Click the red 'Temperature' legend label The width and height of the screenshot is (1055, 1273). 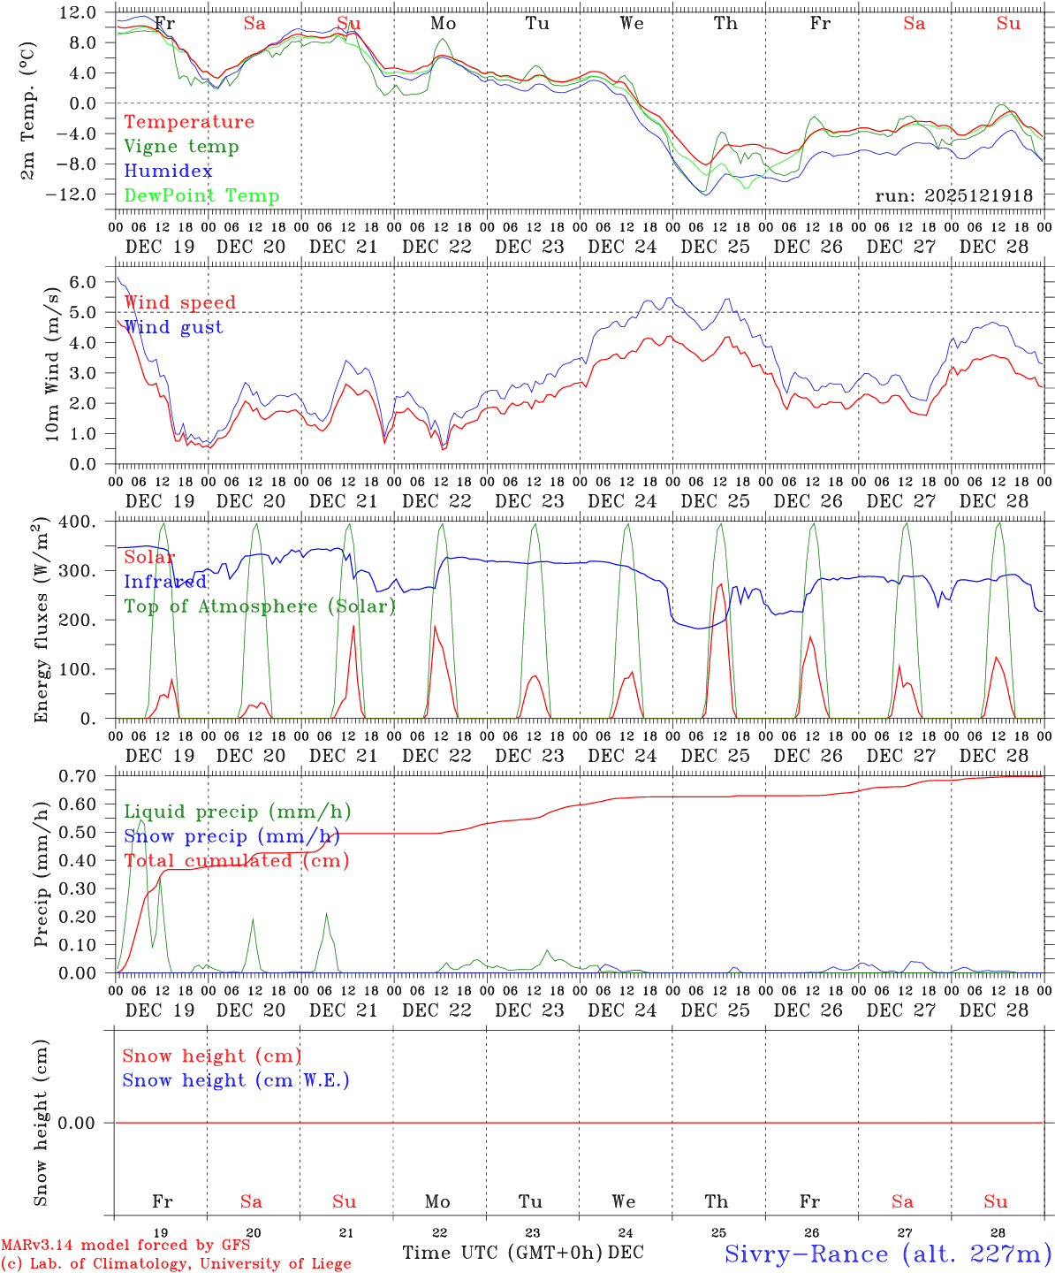(188, 122)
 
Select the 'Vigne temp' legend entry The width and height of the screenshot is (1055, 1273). (181, 147)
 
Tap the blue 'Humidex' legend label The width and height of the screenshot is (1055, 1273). (168, 172)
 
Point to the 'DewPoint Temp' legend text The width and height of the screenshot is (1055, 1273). (201, 196)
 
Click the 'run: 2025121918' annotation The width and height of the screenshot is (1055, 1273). (953, 195)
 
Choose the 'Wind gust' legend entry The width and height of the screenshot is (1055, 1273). (173, 327)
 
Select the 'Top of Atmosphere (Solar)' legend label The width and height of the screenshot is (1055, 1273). (259, 606)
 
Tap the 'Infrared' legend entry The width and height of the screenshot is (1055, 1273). (165, 582)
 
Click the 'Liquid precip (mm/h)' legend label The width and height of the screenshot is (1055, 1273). (237, 812)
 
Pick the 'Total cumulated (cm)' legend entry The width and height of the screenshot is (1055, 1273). (236, 861)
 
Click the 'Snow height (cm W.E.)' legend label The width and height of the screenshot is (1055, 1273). (236, 1080)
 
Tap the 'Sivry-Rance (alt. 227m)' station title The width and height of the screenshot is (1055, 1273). (887, 1254)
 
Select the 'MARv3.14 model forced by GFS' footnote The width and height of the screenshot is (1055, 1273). (125, 1246)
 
